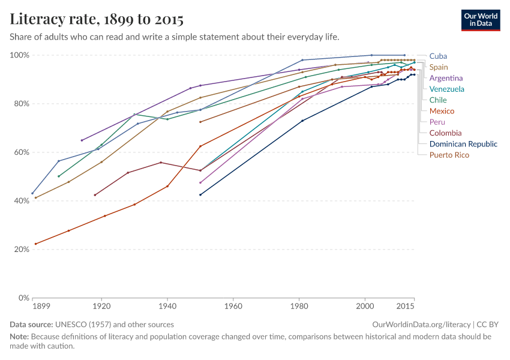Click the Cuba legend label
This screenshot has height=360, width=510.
(x=438, y=56)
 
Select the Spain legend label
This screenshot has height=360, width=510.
(x=439, y=67)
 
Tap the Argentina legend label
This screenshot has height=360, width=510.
(x=446, y=78)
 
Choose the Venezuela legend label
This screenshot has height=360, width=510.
(x=446, y=89)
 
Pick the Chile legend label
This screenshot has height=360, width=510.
(x=438, y=100)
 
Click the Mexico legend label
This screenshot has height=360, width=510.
(x=442, y=111)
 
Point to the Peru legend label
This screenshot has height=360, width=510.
(x=437, y=122)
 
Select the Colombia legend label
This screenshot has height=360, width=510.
(x=445, y=133)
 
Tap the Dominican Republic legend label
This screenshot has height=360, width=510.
(x=463, y=143)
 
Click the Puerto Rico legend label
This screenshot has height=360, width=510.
(x=449, y=155)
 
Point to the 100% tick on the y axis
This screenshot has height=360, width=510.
(x=20, y=55)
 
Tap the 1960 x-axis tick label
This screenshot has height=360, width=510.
(x=233, y=307)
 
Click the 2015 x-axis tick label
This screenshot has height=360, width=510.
(x=406, y=307)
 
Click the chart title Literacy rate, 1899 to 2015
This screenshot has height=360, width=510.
(x=97, y=19)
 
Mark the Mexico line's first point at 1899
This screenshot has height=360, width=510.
(x=36, y=244)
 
